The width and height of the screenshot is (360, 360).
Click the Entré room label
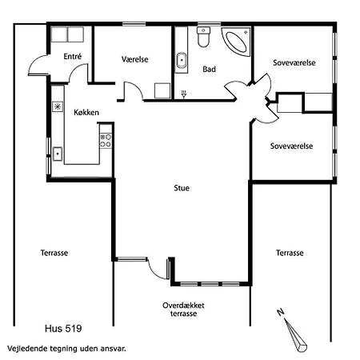click(73, 56)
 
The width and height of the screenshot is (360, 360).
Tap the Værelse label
click(135, 59)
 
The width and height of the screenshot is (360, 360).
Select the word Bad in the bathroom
click(209, 69)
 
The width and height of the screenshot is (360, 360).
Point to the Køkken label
click(86, 112)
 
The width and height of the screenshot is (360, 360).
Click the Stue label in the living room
click(182, 188)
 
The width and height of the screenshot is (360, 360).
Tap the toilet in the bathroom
click(203, 37)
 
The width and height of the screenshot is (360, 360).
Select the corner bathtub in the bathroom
click(236, 42)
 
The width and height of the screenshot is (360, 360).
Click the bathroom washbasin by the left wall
click(182, 61)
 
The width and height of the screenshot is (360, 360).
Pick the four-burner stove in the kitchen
click(106, 141)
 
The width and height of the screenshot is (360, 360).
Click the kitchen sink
click(58, 154)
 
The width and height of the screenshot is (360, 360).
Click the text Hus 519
click(63, 329)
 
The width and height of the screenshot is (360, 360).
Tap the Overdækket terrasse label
click(183, 310)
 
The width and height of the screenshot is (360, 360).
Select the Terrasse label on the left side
click(54, 253)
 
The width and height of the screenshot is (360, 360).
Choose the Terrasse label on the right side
click(290, 253)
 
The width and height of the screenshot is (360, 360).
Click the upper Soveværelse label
click(294, 62)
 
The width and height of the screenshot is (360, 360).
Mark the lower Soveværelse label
click(291, 146)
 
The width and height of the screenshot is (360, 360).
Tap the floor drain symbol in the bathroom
click(184, 94)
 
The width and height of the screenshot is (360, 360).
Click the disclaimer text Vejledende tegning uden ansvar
click(66, 349)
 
